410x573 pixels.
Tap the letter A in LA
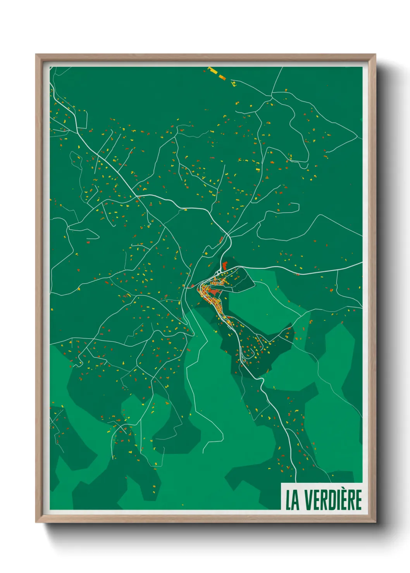296,500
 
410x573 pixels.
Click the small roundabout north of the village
218,273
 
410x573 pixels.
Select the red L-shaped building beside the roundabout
224,266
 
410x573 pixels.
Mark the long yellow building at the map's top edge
212,70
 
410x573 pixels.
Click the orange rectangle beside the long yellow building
222,77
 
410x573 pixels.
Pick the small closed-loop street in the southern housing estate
243,361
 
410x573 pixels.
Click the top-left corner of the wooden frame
36,55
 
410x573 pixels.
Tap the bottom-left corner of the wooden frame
36,522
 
